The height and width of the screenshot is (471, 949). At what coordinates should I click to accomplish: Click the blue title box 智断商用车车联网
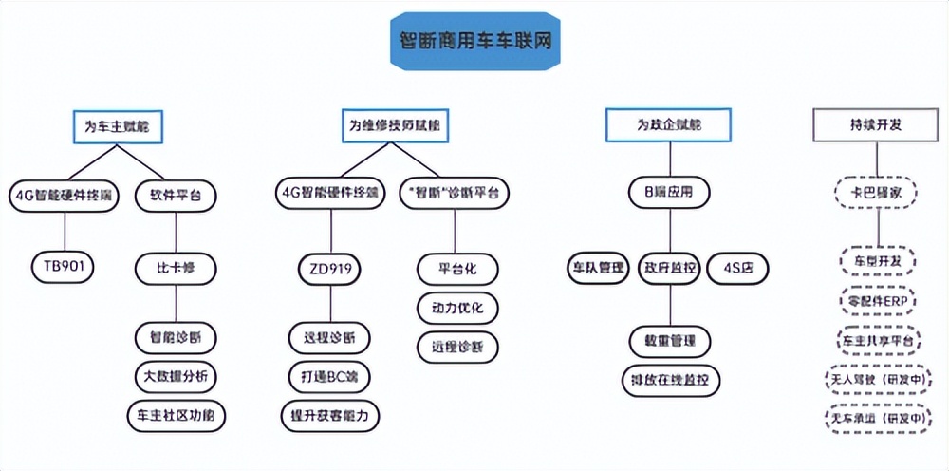tap(474, 42)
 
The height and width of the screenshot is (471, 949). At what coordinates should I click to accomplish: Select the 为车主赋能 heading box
tap(118, 124)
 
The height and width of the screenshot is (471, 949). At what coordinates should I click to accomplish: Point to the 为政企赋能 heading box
tap(669, 124)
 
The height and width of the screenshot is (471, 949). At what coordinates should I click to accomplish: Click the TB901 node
tap(64, 268)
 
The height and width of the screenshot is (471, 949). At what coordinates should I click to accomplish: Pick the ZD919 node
tap(330, 269)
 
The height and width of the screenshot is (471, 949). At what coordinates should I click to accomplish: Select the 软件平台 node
tap(177, 196)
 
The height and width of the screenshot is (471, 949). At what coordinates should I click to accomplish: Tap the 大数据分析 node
tap(177, 376)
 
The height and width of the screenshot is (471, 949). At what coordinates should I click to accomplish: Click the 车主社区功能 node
tap(177, 415)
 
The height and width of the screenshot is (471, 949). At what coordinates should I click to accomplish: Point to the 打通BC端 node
tap(329, 376)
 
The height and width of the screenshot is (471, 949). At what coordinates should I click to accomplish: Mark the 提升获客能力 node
tap(329, 415)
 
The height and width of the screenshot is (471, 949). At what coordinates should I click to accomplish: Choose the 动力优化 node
tap(457, 308)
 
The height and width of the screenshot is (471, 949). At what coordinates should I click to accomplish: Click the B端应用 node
tap(669, 193)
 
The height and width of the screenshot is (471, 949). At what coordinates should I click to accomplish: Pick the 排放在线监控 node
tap(671, 379)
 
